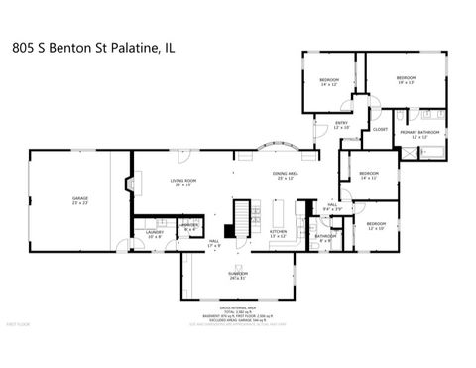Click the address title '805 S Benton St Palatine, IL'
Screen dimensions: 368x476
click(94, 46)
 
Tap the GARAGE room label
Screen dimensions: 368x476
click(80, 200)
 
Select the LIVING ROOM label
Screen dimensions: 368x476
click(184, 182)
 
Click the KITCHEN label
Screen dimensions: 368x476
click(279, 234)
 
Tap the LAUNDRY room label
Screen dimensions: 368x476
click(155, 234)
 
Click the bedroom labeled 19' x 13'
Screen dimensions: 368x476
click(406, 80)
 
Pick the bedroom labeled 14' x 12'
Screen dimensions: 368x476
click(329, 81)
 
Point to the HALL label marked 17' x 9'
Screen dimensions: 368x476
click(214, 242)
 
